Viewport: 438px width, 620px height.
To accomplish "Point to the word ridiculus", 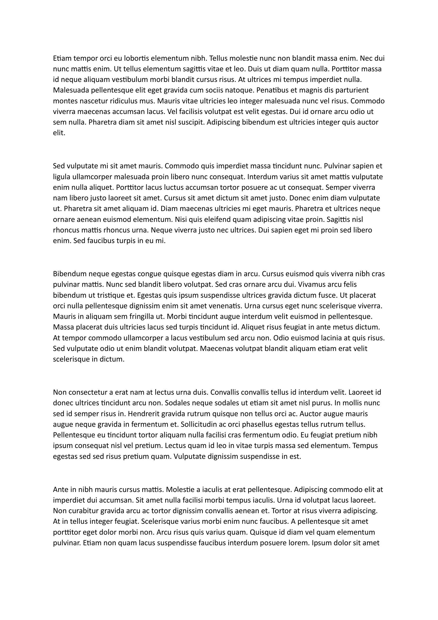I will click(x=128, y=101).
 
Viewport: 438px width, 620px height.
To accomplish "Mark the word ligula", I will click(x=61, y=177).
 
